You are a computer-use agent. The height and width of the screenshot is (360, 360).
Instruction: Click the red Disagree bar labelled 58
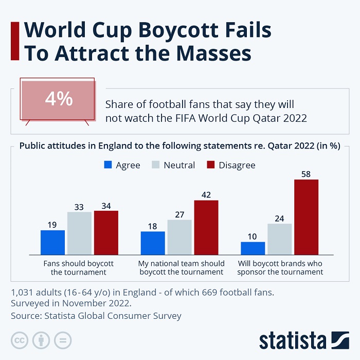pos(306,217)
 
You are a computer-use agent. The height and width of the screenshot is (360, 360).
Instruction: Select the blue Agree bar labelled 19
pos(52,242)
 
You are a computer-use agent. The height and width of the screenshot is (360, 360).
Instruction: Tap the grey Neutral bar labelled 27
pos(179,237)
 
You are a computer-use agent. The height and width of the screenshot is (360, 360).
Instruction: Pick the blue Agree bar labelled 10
pos(253,248)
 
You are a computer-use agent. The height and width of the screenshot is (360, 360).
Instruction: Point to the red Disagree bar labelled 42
pos(206,227)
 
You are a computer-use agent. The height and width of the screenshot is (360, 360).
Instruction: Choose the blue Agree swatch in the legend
pos(108,165)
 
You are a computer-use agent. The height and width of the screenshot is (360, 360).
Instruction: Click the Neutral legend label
pos(179,165)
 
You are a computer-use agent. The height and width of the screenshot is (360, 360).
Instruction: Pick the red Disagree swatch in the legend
pos(210,165)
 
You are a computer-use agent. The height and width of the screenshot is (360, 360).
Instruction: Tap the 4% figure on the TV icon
pos(59,99)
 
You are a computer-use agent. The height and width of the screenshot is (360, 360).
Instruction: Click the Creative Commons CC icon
pos(20,340)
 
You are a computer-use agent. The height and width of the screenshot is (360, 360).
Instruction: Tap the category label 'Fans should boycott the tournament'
pos(79,267)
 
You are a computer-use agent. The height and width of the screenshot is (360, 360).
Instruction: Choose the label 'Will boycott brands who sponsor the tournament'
pos(281,267)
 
